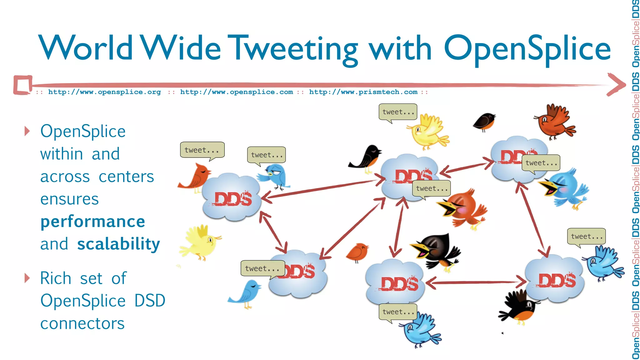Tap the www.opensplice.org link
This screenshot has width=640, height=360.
pos(104,92)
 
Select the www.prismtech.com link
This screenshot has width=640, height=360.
pos(363,92)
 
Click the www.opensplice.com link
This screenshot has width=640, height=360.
pos(237,92)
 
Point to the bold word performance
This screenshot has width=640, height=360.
pos(93,222)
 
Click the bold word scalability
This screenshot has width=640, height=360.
pos(119,244)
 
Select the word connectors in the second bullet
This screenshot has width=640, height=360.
pos(82,323)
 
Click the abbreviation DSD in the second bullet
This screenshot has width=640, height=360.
pos(150,301)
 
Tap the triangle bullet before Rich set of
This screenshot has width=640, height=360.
pos(27,278)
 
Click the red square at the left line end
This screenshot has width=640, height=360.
pos(23,85)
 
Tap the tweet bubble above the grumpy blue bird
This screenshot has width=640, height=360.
pos(266,155)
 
